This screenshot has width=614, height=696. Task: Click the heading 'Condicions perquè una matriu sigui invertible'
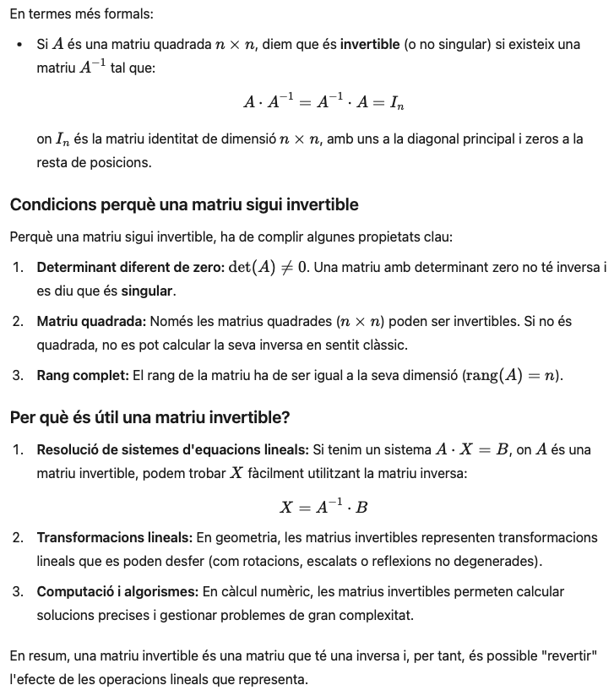pyautogui.click(x=184, y=204)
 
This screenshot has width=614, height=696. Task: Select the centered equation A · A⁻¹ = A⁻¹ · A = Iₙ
pyautogui.click(x=325, y=102)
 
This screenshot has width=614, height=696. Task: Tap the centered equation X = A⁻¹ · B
pyautogui.click(x=324, y=507)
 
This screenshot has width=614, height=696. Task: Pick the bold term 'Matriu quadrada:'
pyautogui.click(x=91, y=321)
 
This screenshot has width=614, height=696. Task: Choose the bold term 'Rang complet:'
pyautogui.click(x=83, y=375)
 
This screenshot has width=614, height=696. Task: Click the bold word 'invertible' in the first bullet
pyautogui.click(x=370, y=44)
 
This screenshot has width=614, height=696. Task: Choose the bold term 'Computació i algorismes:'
pyautogui.click(x=117, y=591)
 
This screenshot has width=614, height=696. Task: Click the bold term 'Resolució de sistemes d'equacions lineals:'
pyautogui.click(x=173, y=449)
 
